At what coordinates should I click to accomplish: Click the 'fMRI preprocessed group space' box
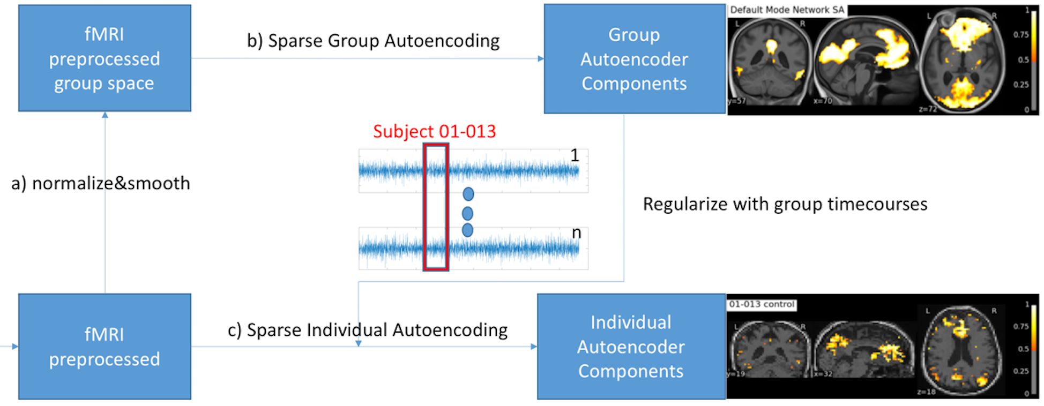(105, 58)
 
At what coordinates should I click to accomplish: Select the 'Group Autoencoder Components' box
(634, 59)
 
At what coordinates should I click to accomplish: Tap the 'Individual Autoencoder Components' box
(631, 347)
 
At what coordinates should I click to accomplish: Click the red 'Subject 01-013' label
(434, 131)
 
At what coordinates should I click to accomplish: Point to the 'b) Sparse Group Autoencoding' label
(373, 41)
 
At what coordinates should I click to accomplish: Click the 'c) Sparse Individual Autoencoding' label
(368, 330)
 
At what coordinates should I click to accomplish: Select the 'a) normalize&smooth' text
(101, 183)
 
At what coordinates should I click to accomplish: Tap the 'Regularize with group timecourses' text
(785, 204)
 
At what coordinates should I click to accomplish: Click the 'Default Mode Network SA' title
(787, 10)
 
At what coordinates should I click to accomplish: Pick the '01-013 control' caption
(762, 304)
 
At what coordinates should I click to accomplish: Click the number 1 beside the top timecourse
(575, 155)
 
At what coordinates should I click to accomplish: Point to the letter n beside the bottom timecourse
(576, 232)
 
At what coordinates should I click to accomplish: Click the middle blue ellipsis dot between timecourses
(468, 213)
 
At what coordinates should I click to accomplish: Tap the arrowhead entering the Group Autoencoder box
(541, 59)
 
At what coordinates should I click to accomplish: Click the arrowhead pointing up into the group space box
(105, 115)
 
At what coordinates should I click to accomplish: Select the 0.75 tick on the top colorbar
(1021, 35)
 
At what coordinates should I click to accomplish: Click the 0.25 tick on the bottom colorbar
(1021, 371)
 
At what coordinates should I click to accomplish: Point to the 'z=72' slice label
(928, 109)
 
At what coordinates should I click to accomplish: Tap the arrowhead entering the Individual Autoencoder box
(534, 347)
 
